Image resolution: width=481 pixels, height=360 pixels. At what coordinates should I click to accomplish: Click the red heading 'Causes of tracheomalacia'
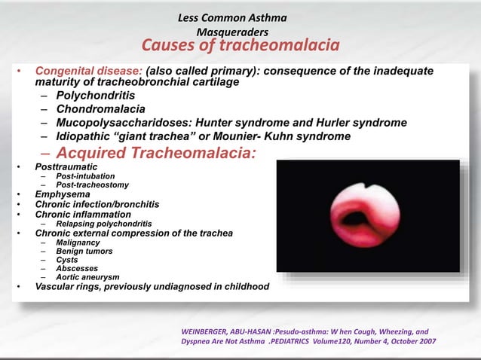240,47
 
